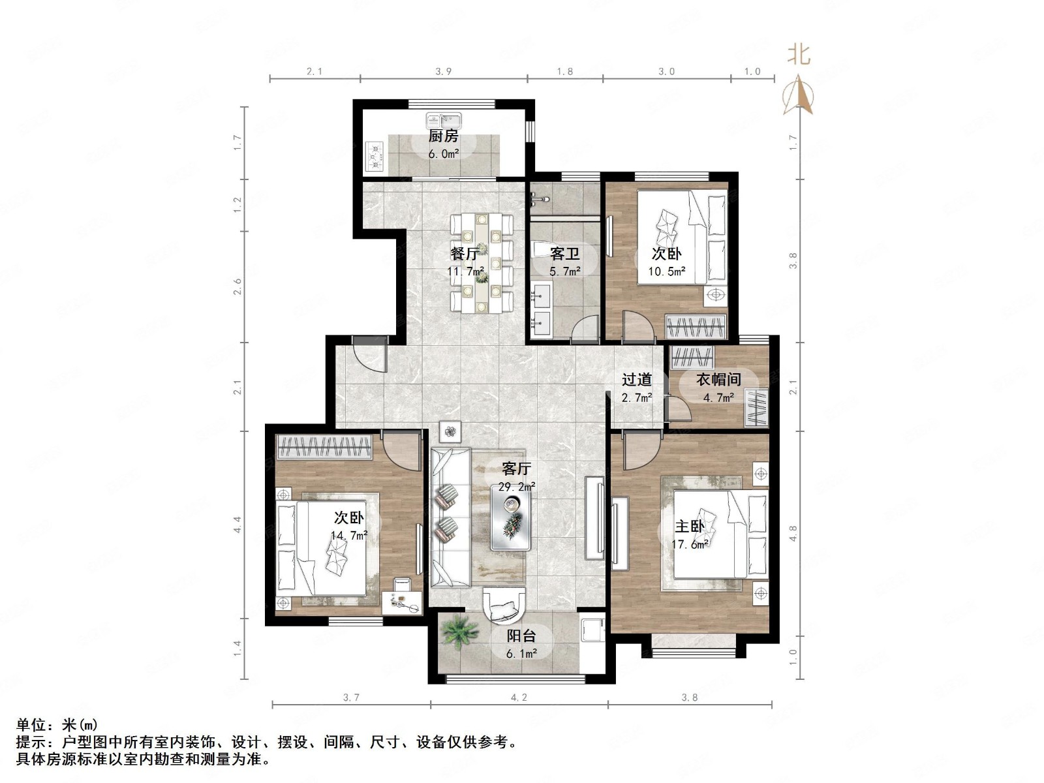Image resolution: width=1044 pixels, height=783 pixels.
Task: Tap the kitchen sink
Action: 441,121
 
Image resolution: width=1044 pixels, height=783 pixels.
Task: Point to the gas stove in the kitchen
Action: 375,156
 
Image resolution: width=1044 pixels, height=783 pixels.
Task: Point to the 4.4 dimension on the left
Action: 238,524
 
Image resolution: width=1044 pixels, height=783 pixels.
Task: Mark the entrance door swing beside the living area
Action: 369,354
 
